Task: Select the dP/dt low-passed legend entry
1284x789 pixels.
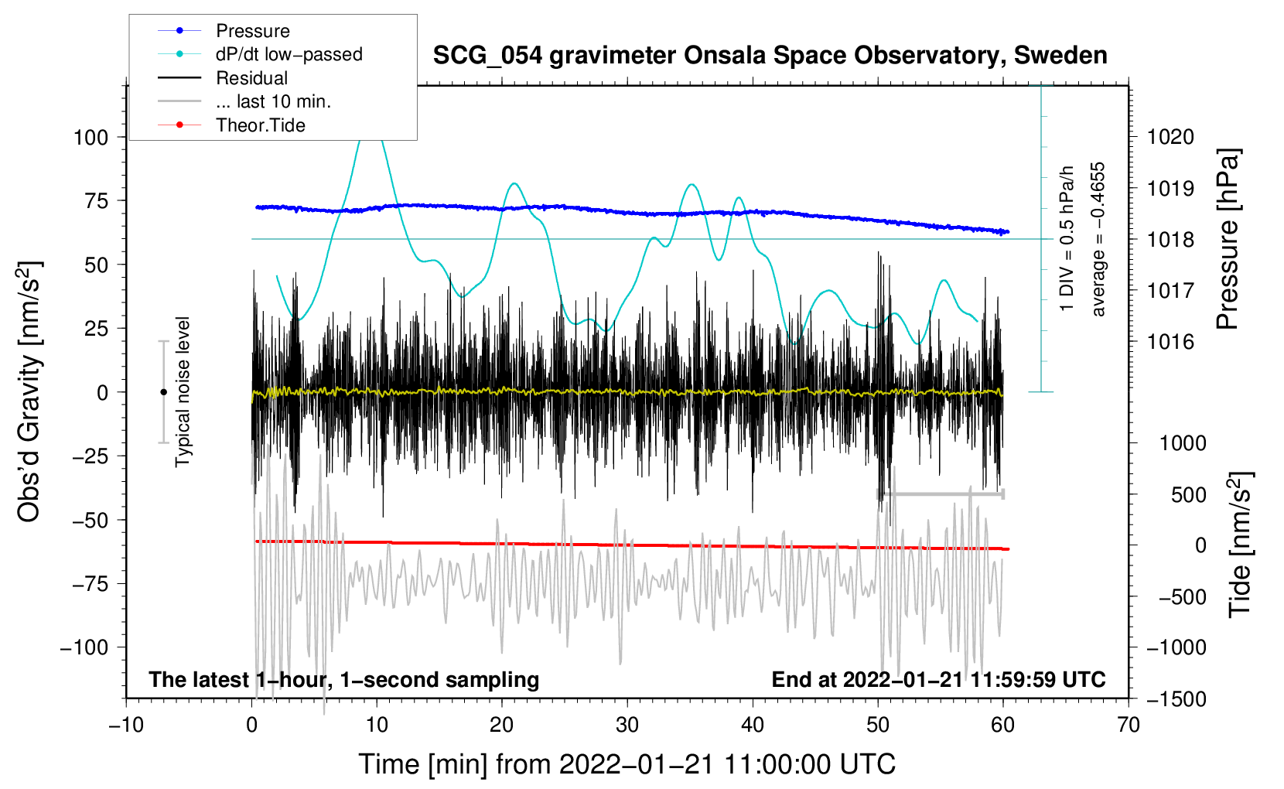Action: pos(289,54)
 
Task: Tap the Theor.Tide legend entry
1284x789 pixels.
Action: pos(260,125)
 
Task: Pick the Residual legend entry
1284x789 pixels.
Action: pos(251,78)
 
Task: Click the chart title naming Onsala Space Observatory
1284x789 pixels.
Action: pos(770,56)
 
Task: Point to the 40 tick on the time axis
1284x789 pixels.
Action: pos(753,725)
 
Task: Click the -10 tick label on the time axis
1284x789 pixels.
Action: pos(126,725)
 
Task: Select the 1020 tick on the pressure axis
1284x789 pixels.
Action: pos(1170,137)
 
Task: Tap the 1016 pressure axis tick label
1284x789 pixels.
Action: pos(1170,342)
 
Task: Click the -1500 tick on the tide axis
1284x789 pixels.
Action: pos(1176,698)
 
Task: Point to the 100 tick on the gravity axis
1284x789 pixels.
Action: pos(90,138)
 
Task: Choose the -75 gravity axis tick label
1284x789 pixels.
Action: pos(90,584)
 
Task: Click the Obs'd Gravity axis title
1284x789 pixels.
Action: pos(29,392)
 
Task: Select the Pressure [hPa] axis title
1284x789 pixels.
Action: pos(1228,240)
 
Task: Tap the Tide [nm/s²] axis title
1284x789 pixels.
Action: pos(1239,545)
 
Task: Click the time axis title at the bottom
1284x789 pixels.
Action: pos(627,764)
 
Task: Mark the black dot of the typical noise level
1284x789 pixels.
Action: pos(163,392)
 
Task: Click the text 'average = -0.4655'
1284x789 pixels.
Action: pos(1098,240)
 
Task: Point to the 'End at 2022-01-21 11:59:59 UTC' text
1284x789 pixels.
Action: pos(938,679)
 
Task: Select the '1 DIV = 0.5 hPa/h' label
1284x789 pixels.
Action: pos(1067,238)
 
